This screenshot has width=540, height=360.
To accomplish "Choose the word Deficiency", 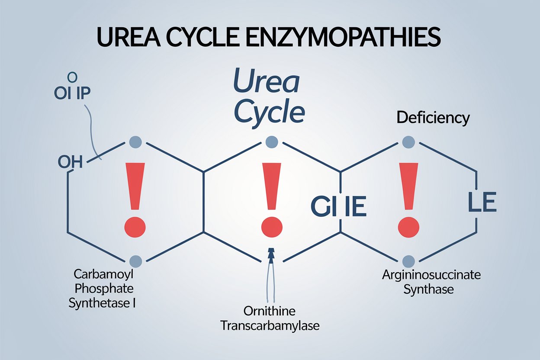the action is [x=433, y=118].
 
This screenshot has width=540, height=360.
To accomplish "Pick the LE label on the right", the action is [x=482, y=203].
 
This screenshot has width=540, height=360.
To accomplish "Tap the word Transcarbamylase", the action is [x=270, y=325].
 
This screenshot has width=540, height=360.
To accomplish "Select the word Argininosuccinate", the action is [x=431, y=275].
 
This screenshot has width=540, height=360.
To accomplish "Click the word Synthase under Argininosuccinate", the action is [x=428, y=289].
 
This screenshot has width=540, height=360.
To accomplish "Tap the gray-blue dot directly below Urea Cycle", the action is [x=272, y=141].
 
